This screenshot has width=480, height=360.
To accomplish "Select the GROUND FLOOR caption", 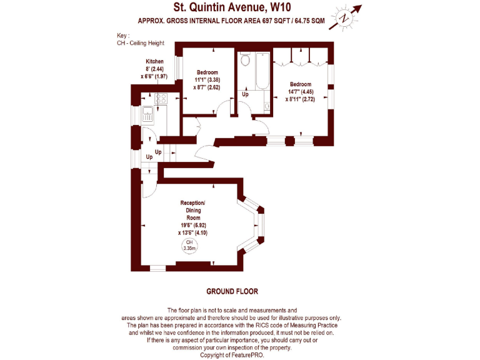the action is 232,291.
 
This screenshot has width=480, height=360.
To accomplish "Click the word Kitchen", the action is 154,61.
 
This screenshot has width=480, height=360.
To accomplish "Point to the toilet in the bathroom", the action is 245,62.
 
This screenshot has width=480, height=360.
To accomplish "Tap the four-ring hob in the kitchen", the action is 161,98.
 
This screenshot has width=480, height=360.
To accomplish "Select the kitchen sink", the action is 149,114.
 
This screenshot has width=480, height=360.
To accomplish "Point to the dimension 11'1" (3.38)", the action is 206,79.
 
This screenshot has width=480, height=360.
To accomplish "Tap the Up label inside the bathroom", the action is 246,94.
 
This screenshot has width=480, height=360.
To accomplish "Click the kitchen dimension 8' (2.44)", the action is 154,69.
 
